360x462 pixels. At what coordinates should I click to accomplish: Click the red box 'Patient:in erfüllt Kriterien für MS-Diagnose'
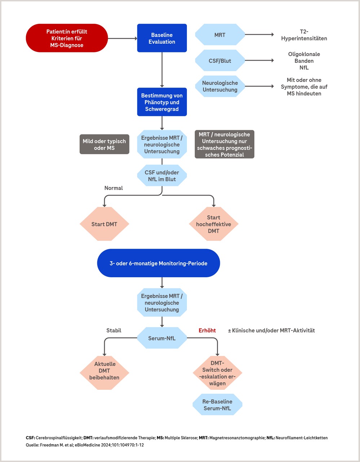click(x=67, y=38)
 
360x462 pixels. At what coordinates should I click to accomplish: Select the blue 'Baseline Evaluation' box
click(x=162, y=38)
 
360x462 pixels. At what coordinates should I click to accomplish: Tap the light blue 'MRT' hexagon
click(x=220, y=35)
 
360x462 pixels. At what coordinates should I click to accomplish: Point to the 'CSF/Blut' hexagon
click(x=220, y=61)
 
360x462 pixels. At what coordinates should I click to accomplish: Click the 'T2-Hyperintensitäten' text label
click(x=304, y=35)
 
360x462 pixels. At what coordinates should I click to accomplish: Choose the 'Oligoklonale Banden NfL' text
click(x=304, y=61)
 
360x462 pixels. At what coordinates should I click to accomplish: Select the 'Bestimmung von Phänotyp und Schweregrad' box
click(x=162, y=102)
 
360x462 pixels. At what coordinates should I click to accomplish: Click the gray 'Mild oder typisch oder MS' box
click(x=104, y=144)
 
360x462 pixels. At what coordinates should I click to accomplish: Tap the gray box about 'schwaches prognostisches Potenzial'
click(x=224, y=144)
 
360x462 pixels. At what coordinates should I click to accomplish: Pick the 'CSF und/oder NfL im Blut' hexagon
click(x=162, y=175)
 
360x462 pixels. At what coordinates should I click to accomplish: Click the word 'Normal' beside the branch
click(x=113, y=188)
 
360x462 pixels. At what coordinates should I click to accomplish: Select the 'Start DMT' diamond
click(x=104, y=224)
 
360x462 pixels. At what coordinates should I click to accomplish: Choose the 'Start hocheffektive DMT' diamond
click(x=214, y=224)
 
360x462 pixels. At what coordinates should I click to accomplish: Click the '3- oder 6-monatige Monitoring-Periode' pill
click(x=158, y=263)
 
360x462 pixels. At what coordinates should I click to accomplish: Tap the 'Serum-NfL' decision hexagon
click(x=162, y=338)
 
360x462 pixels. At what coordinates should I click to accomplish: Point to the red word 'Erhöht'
click(x=207, y=330)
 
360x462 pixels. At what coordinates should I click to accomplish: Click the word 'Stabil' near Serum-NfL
click(x=114, y=330)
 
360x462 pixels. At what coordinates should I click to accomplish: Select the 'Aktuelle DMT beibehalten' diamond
click(x=104, y=373)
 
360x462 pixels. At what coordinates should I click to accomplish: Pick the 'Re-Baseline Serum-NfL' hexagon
click(x=217, y=405)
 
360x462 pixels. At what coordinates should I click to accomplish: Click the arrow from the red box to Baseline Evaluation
click(x=123, y=39)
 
